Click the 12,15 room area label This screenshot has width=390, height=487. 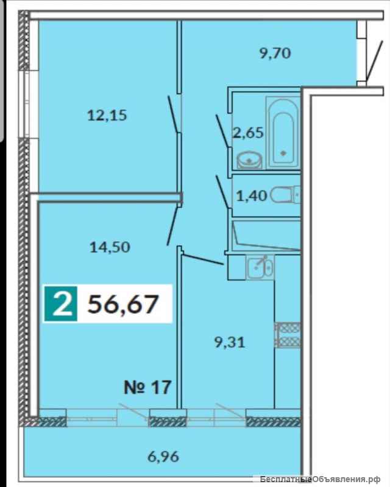[x=107, y=116]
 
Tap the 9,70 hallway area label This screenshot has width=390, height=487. [x=275, y=53]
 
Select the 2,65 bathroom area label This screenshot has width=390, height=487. [x=248, y=133]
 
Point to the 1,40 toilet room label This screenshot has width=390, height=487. [x=252, y=196]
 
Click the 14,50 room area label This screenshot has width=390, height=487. [x=110, y=248]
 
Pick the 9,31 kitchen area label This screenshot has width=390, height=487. [x=230, y=343]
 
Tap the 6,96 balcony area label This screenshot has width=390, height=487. [x=163, y=457]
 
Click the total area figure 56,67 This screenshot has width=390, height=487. [x=123, y=304]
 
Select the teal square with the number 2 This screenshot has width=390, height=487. [x=61, y=304]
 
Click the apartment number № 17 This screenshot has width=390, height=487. [x=147, y=387]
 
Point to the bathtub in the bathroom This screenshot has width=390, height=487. [x=283, y=133]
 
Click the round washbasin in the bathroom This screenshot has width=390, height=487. [x=249, y=160]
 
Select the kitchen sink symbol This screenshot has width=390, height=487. [x=260, y=267]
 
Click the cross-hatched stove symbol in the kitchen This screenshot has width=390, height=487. [x=288, y=335]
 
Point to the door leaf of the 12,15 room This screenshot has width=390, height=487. [x=173, y=113]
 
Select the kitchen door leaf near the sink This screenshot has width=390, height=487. [x=203, y=260]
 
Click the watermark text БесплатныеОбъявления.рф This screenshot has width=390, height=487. [x=321, y=479]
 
